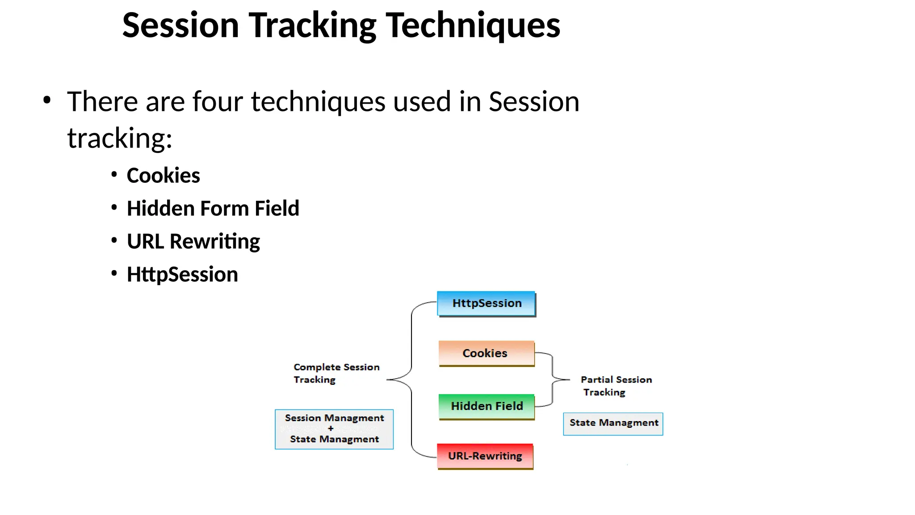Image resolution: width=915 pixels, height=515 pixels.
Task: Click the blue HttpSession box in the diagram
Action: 486,304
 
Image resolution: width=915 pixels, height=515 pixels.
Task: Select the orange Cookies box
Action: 486,353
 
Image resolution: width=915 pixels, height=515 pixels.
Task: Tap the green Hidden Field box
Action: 486,406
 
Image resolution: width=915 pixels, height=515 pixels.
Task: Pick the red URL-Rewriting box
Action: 485,456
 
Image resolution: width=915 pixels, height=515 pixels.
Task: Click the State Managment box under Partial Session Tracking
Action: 613,423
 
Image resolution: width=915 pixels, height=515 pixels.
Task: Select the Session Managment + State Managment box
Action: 334,429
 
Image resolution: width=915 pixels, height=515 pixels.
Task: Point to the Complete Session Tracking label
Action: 336,373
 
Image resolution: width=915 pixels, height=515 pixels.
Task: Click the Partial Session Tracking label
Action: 616,386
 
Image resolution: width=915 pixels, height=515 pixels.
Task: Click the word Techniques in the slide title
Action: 473,26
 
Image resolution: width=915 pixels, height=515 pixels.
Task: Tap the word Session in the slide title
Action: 180,26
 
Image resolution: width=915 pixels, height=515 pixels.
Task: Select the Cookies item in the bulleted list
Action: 163,175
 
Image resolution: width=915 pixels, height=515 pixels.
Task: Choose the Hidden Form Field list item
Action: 213,208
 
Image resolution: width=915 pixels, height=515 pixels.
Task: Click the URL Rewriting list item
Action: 193,241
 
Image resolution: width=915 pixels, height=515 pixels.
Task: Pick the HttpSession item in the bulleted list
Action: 182,274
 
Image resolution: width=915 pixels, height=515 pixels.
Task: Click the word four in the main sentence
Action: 218,101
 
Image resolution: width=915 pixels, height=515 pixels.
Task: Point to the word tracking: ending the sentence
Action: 120,138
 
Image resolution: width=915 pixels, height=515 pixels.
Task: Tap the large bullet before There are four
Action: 47,100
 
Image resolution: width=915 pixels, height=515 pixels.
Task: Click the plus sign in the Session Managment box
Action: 331,428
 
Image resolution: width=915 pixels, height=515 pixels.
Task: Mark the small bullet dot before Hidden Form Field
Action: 114,207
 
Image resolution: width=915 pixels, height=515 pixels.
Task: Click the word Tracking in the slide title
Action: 312,26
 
